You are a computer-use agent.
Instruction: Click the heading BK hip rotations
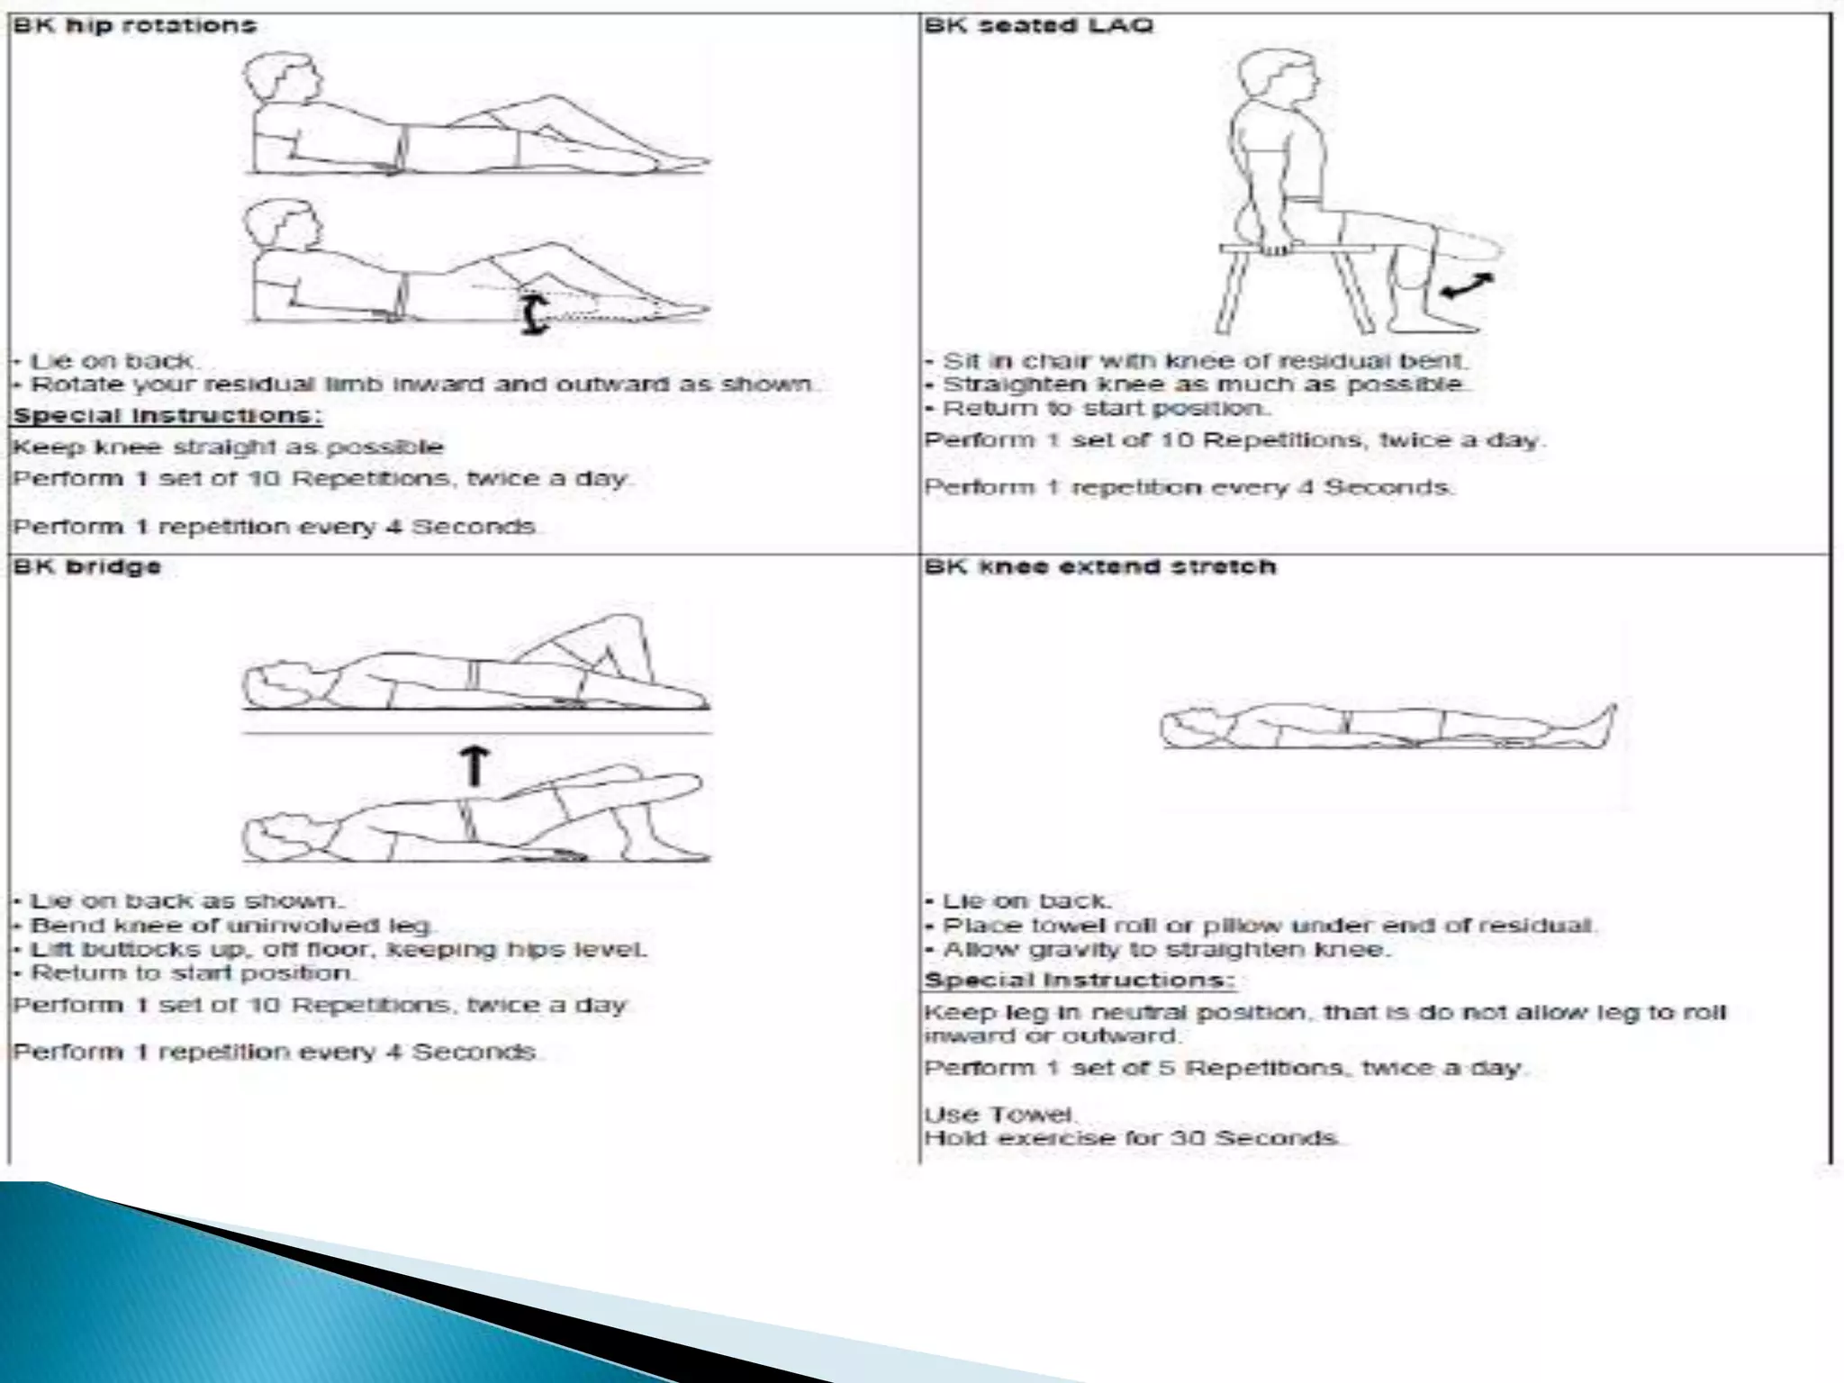[135, 25]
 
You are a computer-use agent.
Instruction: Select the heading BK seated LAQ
[1038, 25]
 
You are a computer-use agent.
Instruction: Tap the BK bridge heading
[87, 566]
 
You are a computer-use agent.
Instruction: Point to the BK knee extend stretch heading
[1100, 566]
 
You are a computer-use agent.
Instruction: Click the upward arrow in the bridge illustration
[475, 766]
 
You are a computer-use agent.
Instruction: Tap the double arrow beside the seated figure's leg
[1466, 286]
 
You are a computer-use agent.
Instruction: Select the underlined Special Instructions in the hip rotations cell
[167, 416]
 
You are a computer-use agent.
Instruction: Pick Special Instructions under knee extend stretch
[1079, 981]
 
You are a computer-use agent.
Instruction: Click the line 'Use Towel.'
[999, 1115]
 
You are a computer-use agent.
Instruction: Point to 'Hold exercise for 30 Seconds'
[1132, 1138]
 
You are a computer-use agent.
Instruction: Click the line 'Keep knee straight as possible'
[228, 447]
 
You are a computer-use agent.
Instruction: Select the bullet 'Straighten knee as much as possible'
[1203, 384]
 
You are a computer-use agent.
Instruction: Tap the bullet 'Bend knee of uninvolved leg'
[231, 926]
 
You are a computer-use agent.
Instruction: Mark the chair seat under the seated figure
[1297, 249]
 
